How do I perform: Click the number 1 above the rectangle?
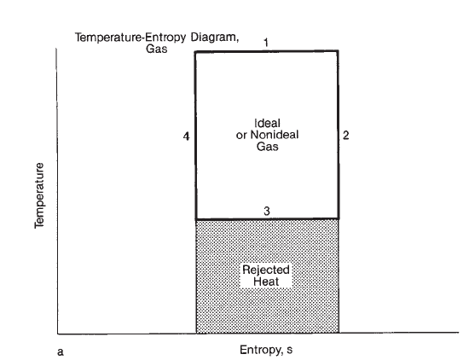coord(266,44)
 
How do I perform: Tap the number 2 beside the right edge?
coord(345,136)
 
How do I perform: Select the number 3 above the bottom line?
coord(267,211)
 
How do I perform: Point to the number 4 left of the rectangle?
coord(187,136)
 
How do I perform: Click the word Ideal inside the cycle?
coord(267,124)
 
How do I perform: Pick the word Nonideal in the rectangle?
coord(275,135)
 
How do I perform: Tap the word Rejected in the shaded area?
coord(266,270)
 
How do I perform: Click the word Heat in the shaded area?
coord(266,282)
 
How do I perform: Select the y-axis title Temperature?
coord(39,195)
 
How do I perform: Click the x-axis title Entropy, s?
coord(266,350)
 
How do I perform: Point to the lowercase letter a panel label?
coord(61,352)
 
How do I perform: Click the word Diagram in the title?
coord(215,38)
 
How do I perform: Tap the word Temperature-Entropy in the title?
coord(130,38)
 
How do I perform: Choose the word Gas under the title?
coord(156,49)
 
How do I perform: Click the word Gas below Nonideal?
coord(268,147)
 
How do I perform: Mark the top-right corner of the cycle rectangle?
coord(339,51)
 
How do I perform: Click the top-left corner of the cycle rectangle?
coord(195,52)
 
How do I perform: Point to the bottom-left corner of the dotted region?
coord(196,333)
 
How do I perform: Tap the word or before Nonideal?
coord(241,136)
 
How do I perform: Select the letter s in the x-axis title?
coord(290,350)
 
